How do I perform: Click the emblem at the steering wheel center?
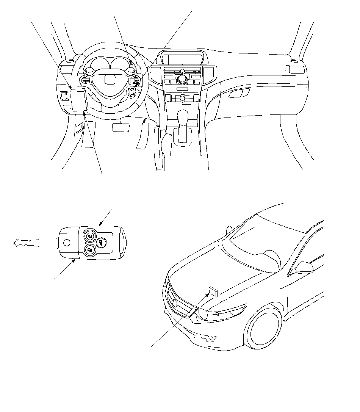tap(110, 80)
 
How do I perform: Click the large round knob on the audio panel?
tap(183, 80)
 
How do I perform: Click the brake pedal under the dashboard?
tap(121, 127)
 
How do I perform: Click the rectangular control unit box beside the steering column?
tap(78, 100)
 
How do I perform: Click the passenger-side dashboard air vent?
tap(296, 69)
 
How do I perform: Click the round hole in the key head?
tap(67, 243)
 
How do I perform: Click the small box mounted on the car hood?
tap(213, 291)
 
